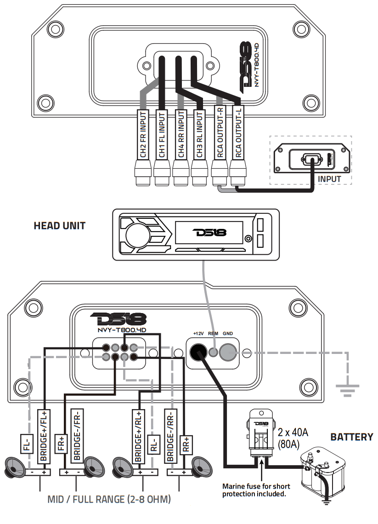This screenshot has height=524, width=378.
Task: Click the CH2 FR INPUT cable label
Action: point(143,133)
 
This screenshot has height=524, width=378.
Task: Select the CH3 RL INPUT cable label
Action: point(199,133)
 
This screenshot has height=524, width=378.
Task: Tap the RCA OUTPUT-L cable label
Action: point(238,133)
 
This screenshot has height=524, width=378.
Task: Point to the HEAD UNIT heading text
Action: point(60,226)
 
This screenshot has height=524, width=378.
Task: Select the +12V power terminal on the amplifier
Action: point(198,353)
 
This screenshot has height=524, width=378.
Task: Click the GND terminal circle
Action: point(227,353)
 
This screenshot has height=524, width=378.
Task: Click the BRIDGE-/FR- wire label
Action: point(77,435)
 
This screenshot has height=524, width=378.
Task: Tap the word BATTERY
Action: point(352,437)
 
